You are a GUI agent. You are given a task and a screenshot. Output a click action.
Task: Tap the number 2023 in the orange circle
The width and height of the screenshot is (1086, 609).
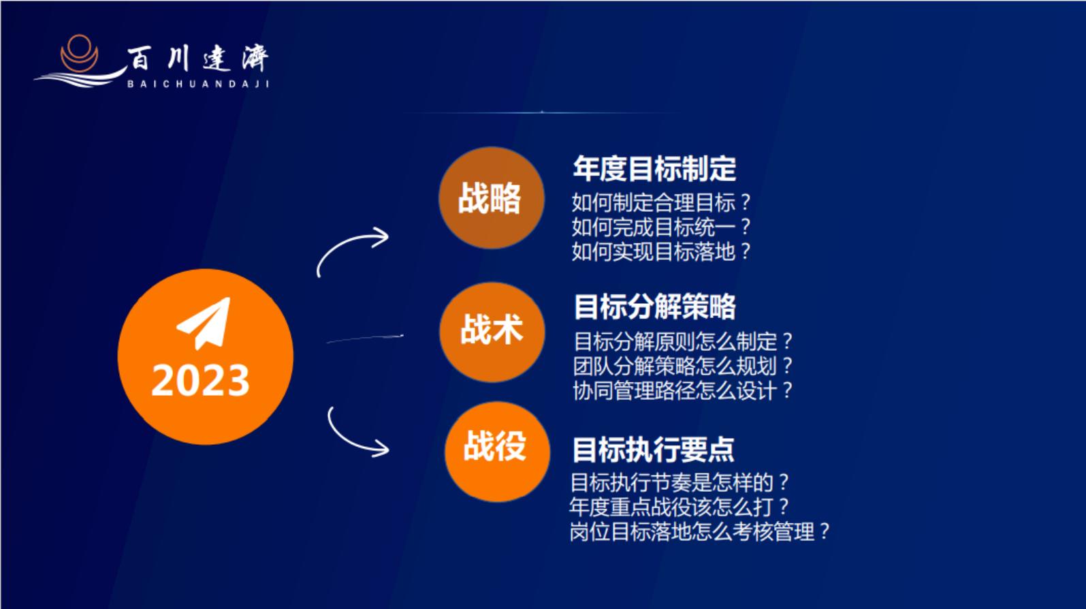tap(200, 380)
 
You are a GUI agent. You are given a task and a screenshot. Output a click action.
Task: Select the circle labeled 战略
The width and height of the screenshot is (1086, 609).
tap(491, 198)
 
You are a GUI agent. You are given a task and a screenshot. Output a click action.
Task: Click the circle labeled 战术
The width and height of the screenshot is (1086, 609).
tap(492, 331)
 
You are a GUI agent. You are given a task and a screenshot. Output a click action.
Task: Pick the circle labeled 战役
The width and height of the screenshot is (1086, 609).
tap(496, 451)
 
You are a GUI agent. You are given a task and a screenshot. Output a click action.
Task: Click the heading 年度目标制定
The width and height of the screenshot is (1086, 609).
tap(654, 169)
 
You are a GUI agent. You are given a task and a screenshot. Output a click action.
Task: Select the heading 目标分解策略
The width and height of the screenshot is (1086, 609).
tap(654, 307)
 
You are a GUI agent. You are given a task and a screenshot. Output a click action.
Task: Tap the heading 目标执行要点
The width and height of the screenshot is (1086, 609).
tap(653, 450)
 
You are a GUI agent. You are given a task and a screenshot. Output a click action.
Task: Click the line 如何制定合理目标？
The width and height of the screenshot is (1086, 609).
tap(660, 202)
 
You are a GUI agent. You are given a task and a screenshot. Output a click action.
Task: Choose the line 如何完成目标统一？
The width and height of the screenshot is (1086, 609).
tap(660, 227)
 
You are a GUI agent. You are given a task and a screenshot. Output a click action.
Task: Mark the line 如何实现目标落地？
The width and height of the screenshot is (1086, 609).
tap(660, 251)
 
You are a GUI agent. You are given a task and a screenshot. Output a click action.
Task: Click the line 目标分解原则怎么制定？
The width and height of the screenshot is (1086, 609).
tap(682, 341)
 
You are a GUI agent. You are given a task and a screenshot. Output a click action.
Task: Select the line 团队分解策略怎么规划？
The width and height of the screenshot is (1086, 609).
tap(682, 366)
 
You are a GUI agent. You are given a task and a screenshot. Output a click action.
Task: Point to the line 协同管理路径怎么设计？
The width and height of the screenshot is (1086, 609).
tap(682, 390)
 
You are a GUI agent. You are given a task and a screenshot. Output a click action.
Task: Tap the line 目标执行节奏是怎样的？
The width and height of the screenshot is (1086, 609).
tap(679, 482)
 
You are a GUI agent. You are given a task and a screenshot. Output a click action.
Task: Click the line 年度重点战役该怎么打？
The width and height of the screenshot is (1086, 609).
tap(679, 507)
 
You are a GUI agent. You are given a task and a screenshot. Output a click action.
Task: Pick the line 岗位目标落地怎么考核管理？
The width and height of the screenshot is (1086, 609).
tap(699, 531)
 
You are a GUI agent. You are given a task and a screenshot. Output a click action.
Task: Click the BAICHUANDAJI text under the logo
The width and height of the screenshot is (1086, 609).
tap(198, 84)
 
